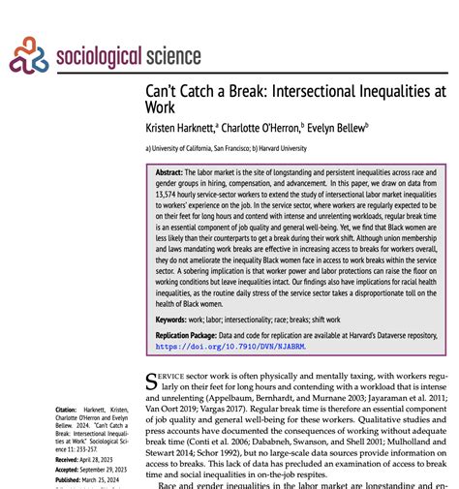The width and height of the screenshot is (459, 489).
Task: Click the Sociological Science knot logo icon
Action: (28, 56)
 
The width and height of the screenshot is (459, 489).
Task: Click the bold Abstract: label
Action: (171, 170)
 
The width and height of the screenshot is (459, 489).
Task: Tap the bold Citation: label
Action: (67, 411)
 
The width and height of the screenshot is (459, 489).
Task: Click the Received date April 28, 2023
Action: (101, 459)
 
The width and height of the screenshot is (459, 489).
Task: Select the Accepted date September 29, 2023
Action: (110, 469)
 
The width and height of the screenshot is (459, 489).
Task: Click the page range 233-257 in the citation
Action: (101, 449)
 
